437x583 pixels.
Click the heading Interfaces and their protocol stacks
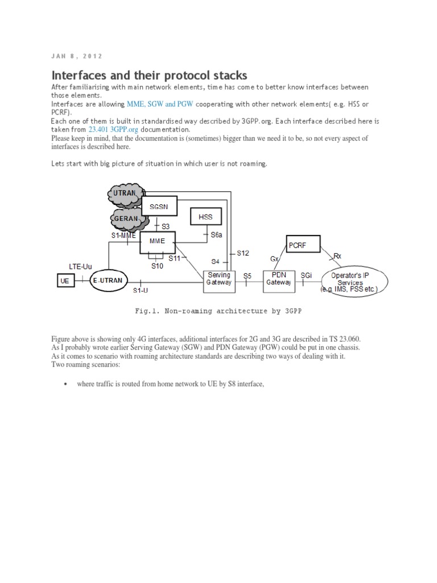(150, 75)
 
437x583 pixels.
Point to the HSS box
(205, 217)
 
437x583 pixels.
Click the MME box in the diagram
(157, 241)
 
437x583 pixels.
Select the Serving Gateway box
(219, 278)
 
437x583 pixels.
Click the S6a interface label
(217, 235)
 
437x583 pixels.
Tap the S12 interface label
(243, 253)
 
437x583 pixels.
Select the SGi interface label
(306, 276)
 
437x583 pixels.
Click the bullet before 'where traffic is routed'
(65, 384)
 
